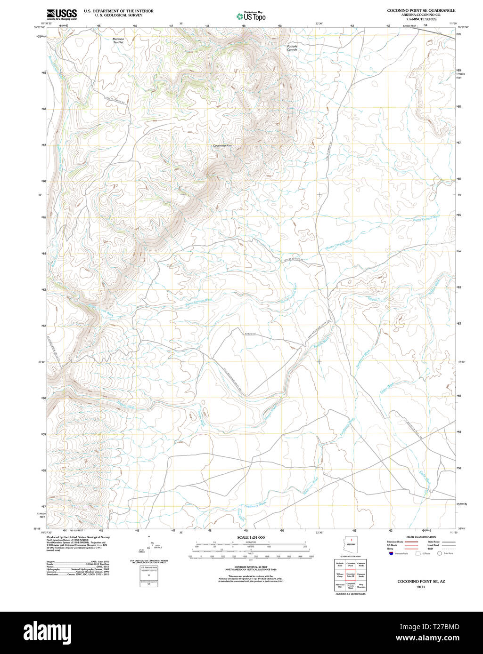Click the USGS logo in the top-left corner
(x=62, y=14)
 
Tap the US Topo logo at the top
(x=251, y=16)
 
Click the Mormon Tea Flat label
(x=118, y=40)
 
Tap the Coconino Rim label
(x=222, y=146)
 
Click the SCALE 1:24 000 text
(x=251, y=537)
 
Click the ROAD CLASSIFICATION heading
(x=421, y=537)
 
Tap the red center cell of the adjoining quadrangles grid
(x=351, y=575)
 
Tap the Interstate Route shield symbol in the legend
(x=391, y=554)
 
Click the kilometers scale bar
(x=251, y=544)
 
